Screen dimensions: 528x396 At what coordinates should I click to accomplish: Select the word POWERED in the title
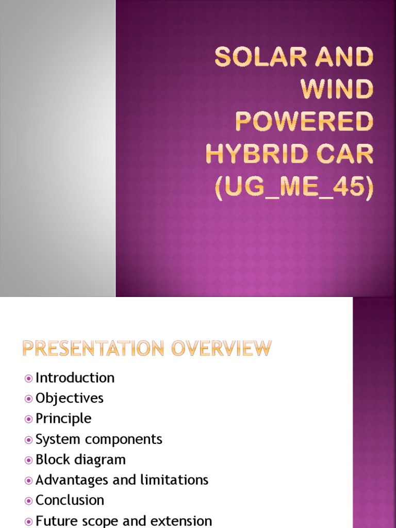304,122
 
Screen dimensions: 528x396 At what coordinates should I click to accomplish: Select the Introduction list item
75,378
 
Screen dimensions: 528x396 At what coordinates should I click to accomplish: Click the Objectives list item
69,398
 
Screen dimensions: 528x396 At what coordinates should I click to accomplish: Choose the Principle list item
63,419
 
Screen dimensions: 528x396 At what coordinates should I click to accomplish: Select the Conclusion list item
70,500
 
